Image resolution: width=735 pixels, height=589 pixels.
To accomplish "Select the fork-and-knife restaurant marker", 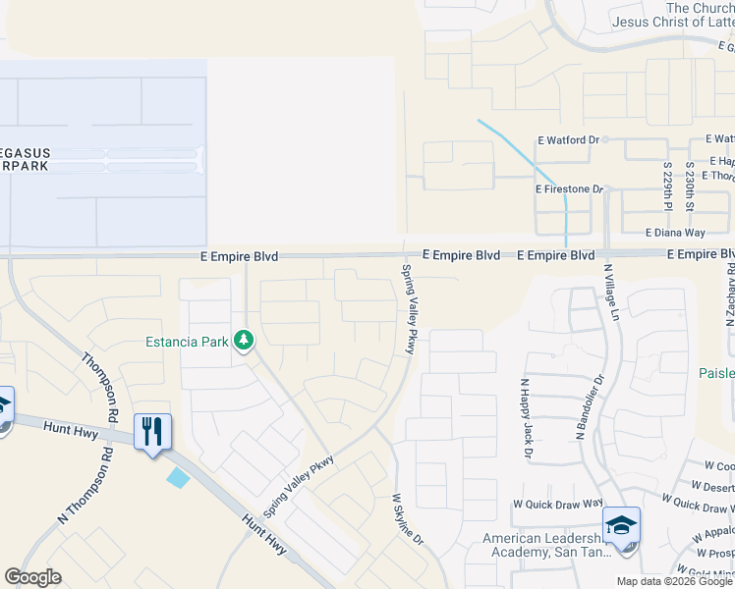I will [152, 432].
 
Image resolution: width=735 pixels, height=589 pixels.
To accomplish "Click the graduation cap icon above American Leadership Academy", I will [621, 526].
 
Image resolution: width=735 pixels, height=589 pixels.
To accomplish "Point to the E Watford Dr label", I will [568, 140].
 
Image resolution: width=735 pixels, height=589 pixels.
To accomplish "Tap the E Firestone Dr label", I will [568, 188].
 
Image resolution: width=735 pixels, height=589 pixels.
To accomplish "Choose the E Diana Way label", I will [675, 233].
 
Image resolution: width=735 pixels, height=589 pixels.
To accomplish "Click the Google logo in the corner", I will [33, 577].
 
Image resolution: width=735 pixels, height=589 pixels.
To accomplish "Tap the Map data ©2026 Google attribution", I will [673, 581].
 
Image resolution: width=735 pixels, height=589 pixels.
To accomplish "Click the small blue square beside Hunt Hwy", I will [179, 478].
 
